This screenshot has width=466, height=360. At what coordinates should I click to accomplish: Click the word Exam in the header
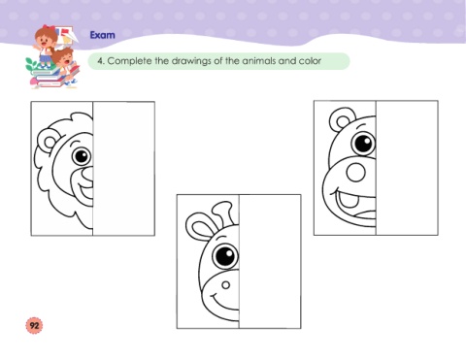[x=102, y=35]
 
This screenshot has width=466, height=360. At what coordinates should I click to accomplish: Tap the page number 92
[x=34, y=325]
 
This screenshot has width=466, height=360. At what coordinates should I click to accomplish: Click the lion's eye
[x=82, y=156]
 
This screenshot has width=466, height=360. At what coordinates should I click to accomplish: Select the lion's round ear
[x=48, y=142]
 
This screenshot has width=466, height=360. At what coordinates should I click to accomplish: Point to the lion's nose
[x=87, y=174]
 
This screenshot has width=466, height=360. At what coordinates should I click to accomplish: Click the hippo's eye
[x=363, y=143]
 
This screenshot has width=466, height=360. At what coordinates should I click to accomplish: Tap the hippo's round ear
[x=341, y=119]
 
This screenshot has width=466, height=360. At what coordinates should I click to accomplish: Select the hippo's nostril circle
[x=355, y=172]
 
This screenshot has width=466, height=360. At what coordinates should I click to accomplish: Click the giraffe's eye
[x=225, y=255]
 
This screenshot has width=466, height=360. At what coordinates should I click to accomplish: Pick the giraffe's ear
[x=200, y=226]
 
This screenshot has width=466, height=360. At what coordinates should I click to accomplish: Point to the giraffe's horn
[x=224, y=213]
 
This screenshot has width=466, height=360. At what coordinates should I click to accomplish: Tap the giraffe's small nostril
[x=225, y=285]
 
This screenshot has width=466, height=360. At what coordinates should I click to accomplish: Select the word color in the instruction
[x=310, y=61]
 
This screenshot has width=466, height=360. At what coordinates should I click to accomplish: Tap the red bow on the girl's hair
[x=49, y=28]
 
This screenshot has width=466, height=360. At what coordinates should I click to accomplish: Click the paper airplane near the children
[x=69, y=36]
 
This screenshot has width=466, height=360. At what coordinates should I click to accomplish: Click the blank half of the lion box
[x=123, y=169]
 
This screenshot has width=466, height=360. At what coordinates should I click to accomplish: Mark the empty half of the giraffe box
[x=270, y=261]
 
